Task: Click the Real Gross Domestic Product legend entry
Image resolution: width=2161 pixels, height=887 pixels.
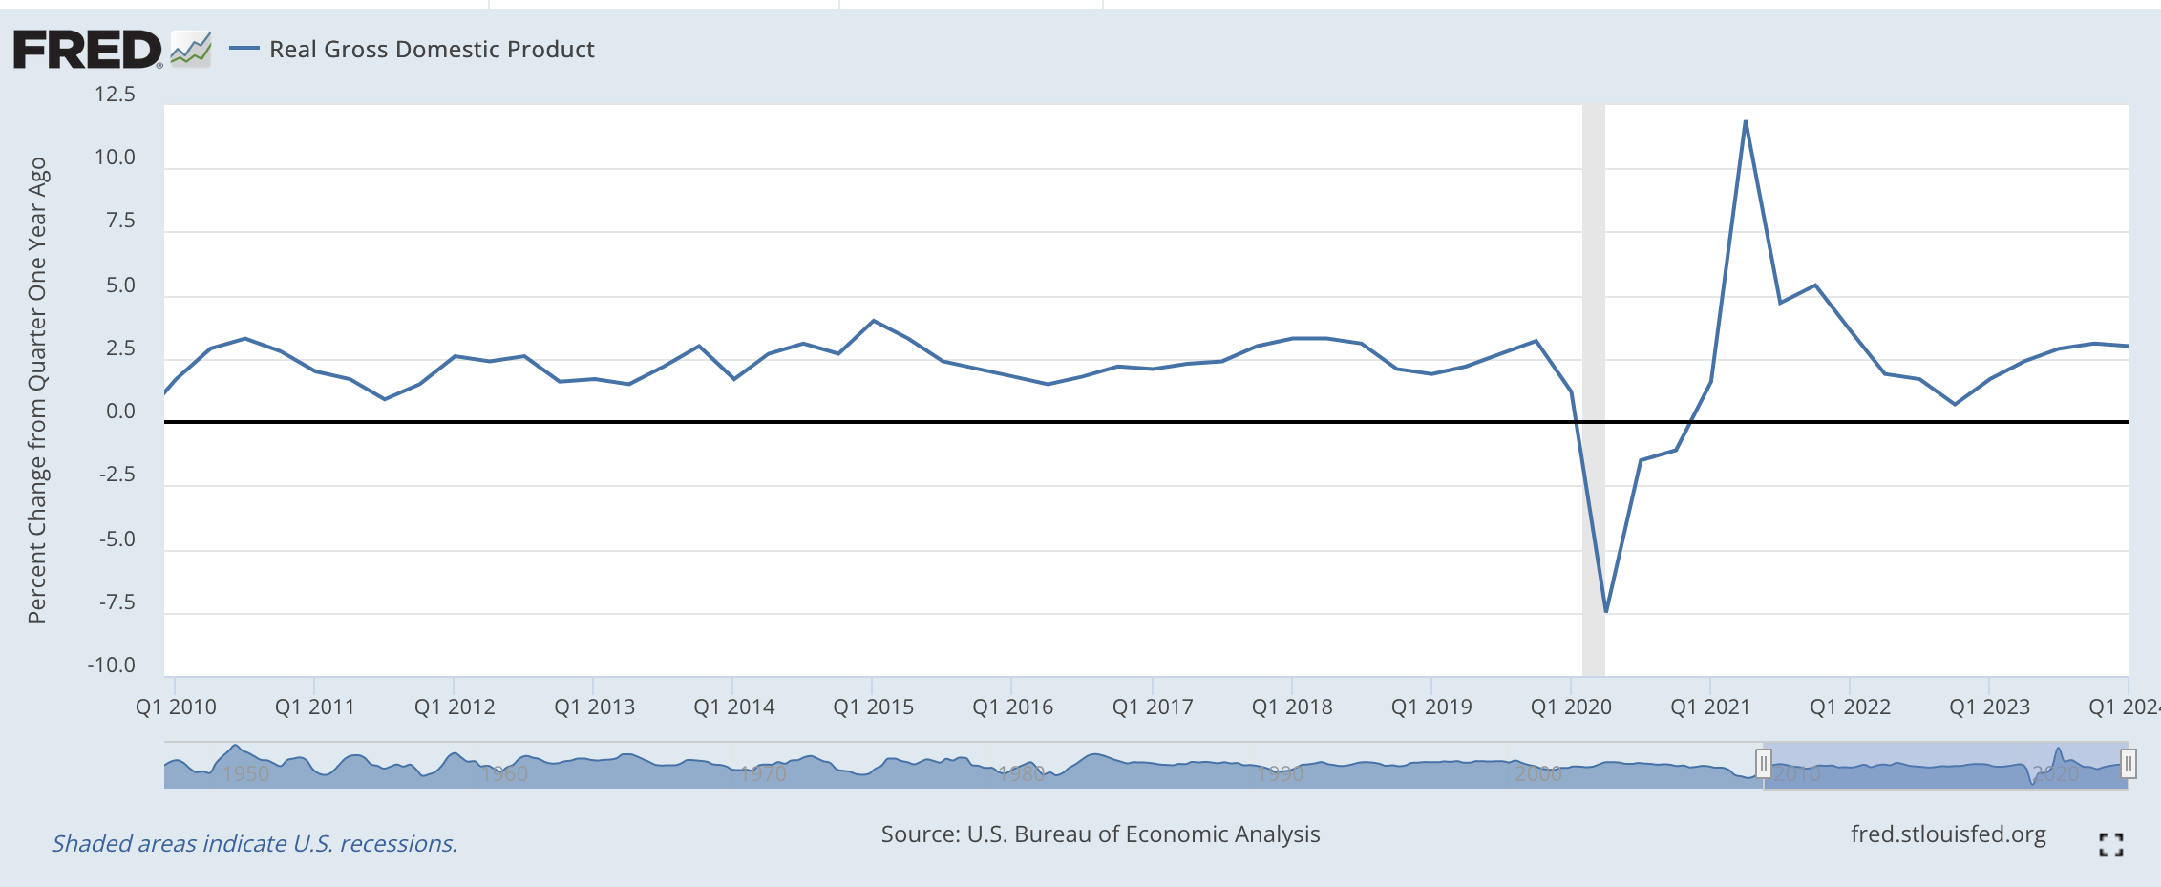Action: click(431, 49)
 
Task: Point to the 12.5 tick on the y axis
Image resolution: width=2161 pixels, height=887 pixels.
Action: click(115, 95)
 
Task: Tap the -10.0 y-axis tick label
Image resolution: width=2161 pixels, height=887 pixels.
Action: click(111, 665)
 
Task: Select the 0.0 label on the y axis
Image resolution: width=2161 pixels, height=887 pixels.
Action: click(120, 412)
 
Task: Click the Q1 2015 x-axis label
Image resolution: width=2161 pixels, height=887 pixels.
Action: click(873, 707)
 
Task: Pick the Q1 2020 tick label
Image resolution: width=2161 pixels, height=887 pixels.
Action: click(1571, 707)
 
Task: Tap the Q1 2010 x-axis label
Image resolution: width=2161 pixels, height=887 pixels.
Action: click(176, 707)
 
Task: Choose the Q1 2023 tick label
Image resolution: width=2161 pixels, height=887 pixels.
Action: click(1989, 707)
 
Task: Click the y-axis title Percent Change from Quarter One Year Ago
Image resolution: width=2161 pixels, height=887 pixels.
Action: click(37, 390)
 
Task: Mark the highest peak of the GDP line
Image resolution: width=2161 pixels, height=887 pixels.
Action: click(1745, 122)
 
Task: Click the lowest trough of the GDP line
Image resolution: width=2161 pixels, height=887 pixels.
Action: click(1606, 611)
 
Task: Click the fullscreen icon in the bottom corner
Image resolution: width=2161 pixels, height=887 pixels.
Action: click(2110, 844)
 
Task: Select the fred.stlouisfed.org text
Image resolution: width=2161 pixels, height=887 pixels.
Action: click(1948, 834)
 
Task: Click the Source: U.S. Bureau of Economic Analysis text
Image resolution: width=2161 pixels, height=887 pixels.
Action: click(1100, 834)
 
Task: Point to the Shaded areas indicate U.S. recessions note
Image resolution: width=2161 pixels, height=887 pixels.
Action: click(254, 844)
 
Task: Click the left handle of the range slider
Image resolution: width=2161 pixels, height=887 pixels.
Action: click(1763, 764)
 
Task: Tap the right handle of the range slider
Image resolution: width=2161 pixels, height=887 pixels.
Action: click(2128, 764)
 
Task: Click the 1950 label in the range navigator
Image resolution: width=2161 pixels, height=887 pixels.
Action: click(245, 773)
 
